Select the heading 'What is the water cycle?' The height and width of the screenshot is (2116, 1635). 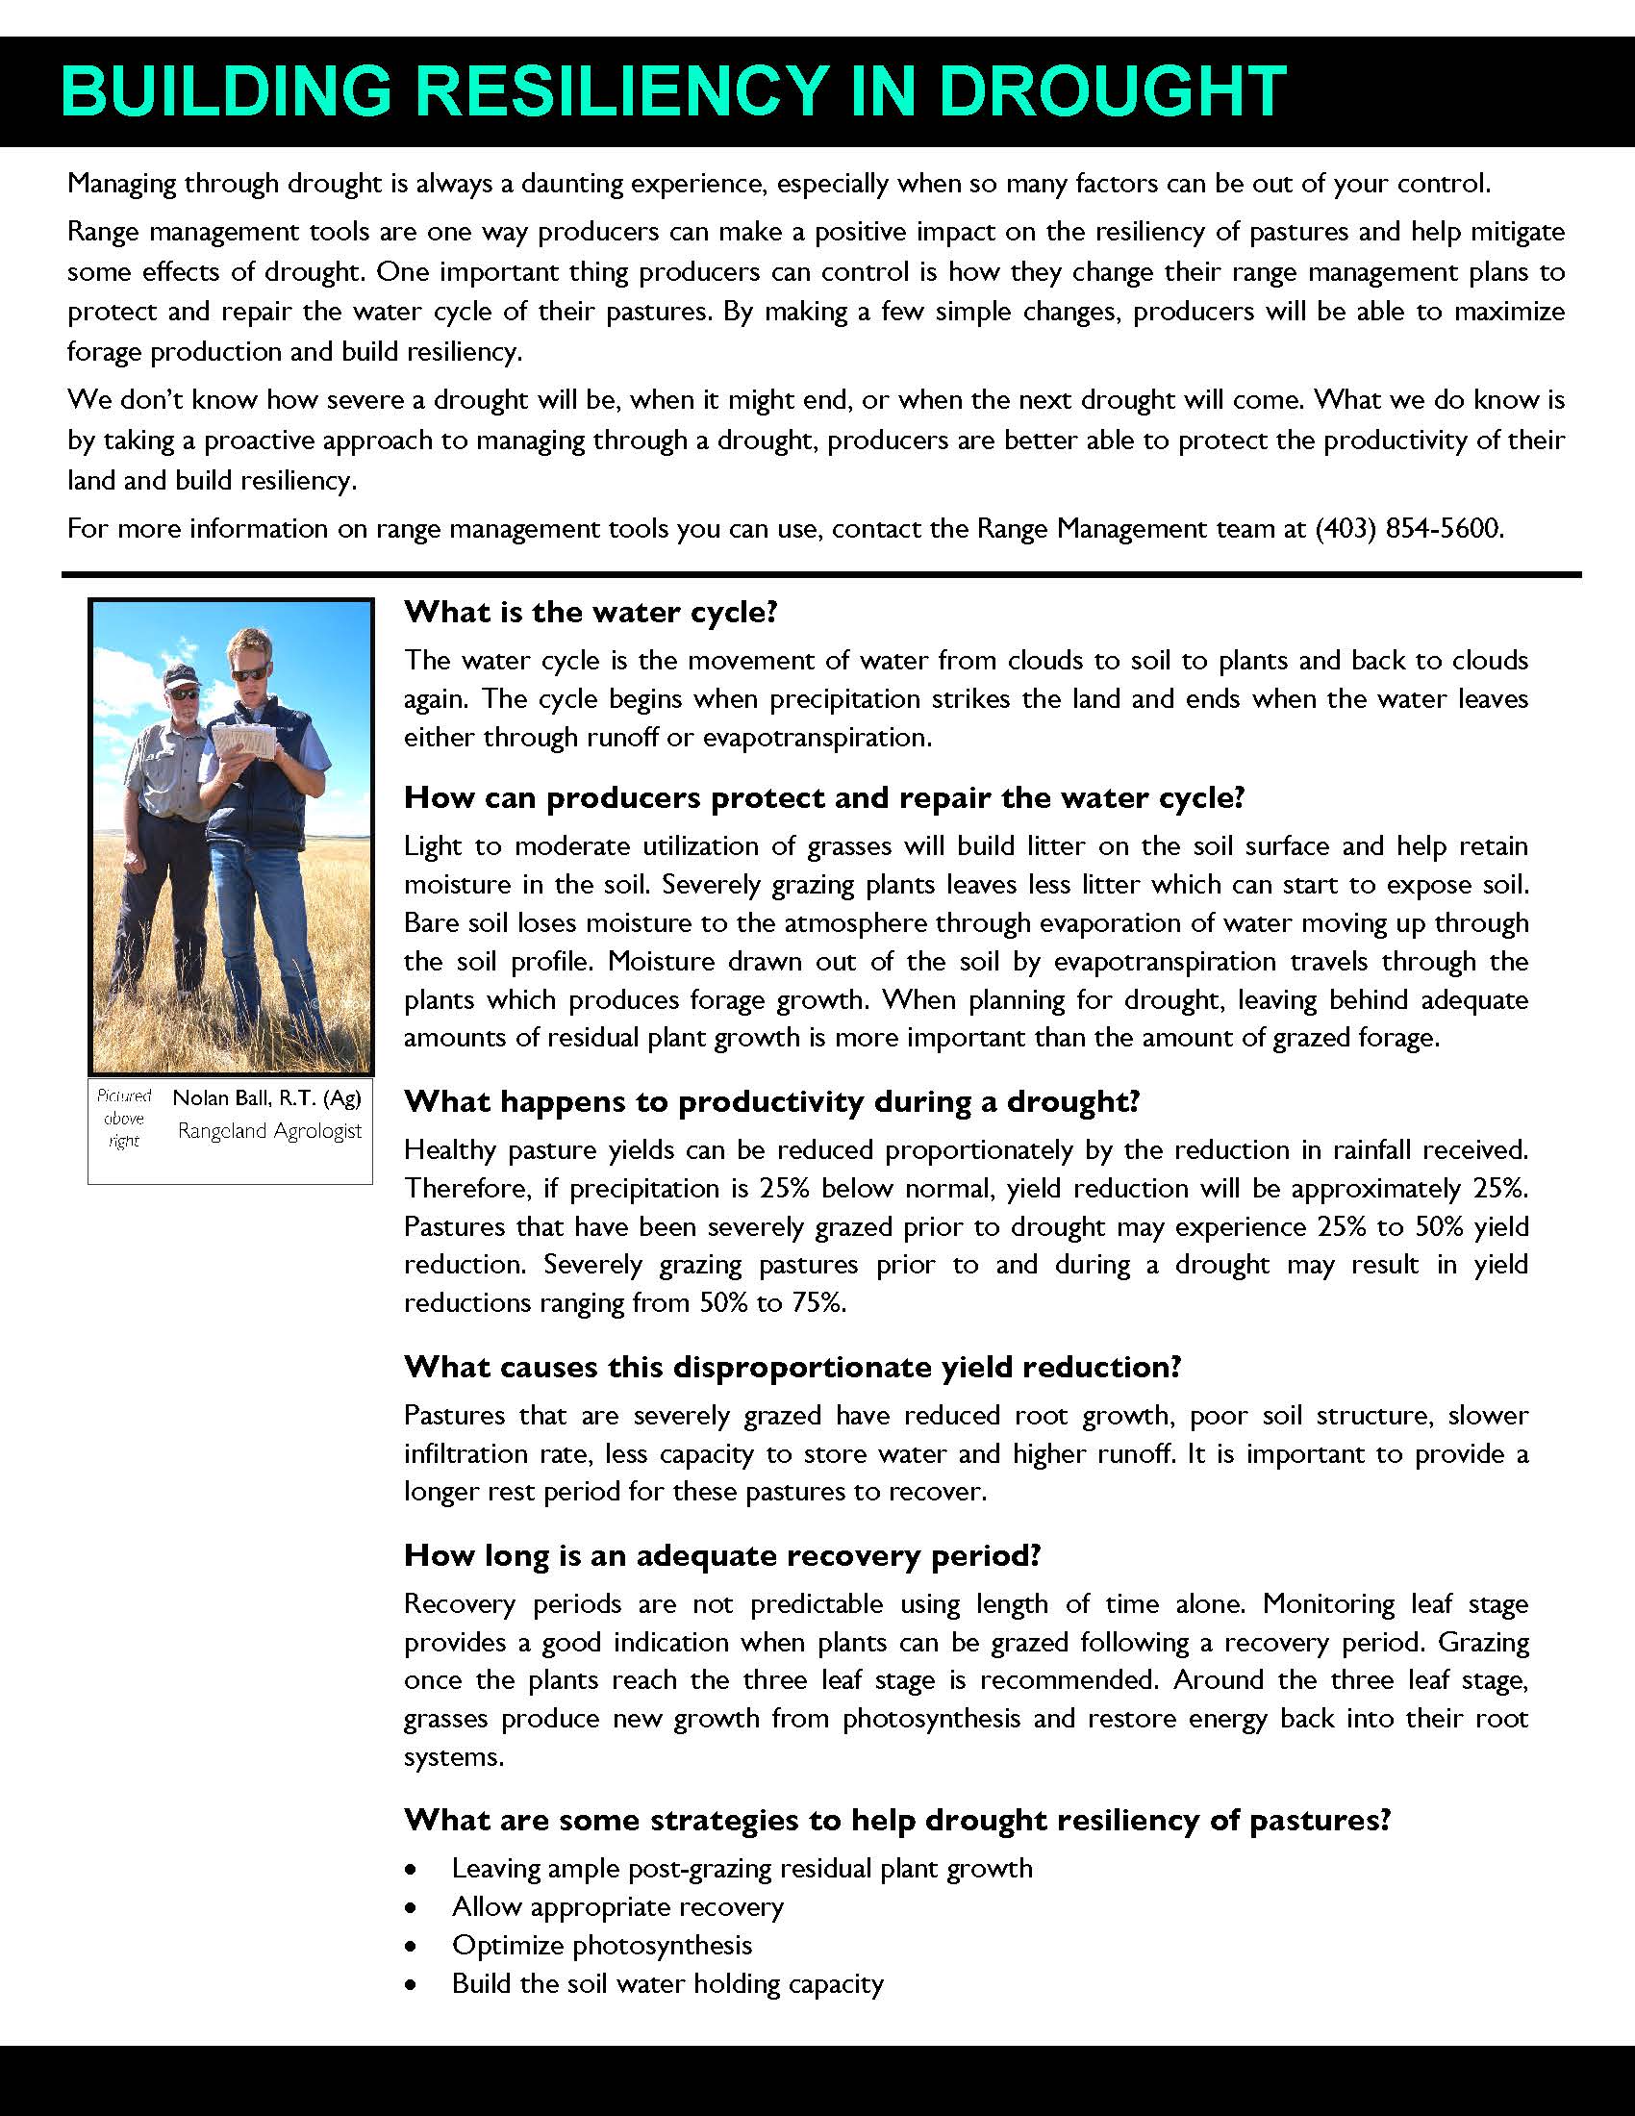point(591,613)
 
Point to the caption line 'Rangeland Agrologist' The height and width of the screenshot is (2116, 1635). point(269,1131)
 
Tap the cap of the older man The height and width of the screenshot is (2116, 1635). point(180,675)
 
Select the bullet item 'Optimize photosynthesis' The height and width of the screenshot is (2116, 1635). point(601,1945)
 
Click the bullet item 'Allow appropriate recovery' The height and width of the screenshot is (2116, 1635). point(617,1905)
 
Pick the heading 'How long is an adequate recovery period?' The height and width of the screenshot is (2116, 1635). point(721,1556)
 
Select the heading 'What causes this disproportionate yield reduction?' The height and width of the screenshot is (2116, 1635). point(792,1367)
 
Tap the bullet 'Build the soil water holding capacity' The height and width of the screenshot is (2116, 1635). point(667,1983)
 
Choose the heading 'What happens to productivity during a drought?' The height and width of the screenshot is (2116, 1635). point(772,1101)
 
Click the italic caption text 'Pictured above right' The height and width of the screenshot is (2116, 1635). point(125,1118)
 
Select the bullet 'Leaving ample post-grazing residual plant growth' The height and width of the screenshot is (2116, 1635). point(742,1868)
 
